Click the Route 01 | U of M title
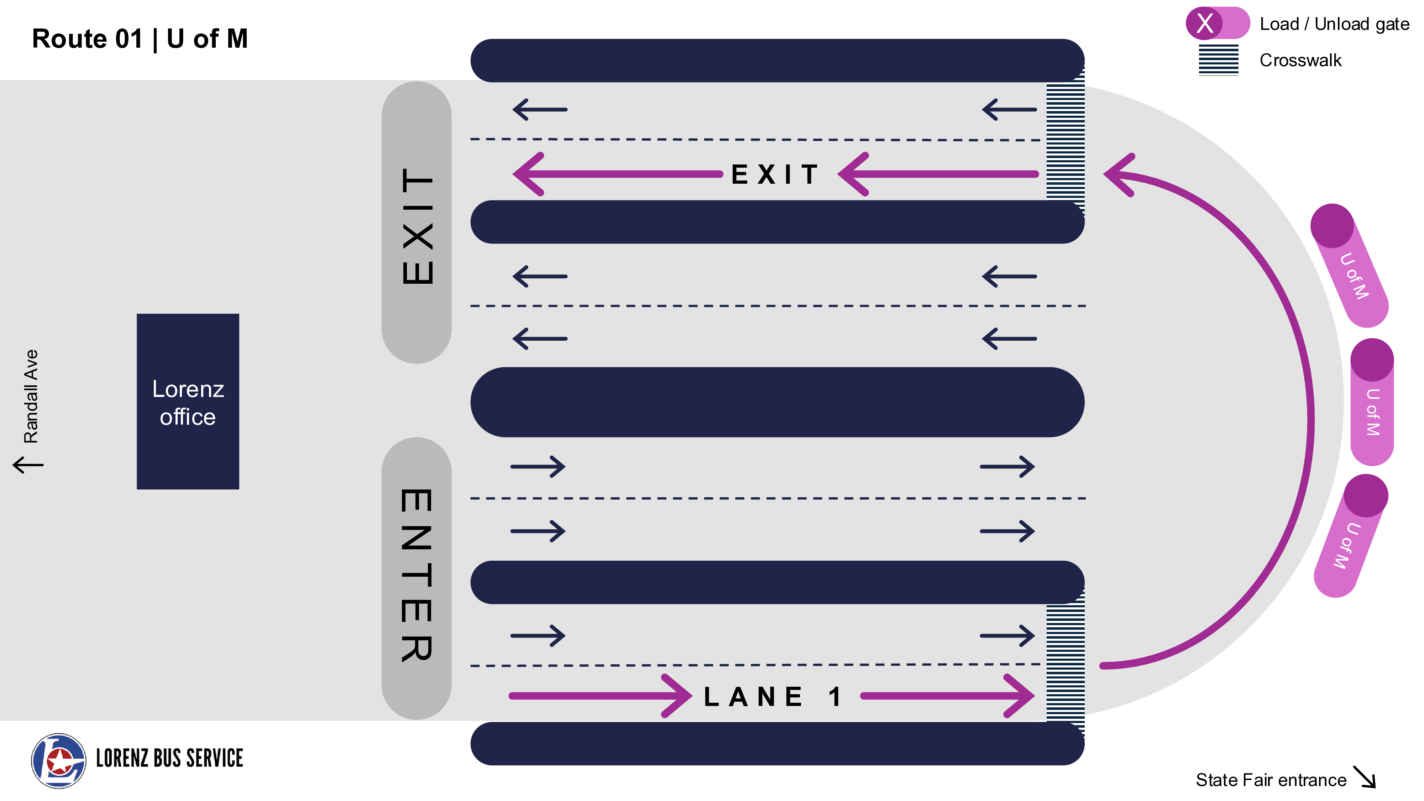[140, 39]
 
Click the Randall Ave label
[31, 396]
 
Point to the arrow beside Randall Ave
[28, 464]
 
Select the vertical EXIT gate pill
[416, 222]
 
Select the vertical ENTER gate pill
[416, 578]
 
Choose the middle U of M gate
[1372, 402]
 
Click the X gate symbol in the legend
[1205, 23]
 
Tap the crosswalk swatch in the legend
[1218, 60]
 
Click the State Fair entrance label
[1271, 780]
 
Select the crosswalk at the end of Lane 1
[1065, 663]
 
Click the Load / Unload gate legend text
[1334, 24]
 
